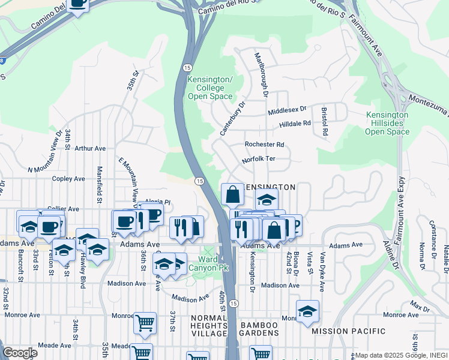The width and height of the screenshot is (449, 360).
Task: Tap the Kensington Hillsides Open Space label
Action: tap(387, 123)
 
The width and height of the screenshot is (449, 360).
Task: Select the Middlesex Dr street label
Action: tap(287, 110)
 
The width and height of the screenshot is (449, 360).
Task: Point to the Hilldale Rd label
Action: tap(295, 124)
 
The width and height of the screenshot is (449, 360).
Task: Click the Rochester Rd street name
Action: tap(264, 145)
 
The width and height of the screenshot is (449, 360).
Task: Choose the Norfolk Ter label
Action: tap(258, 160)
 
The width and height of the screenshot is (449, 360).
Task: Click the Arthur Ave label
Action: tap(90, 148)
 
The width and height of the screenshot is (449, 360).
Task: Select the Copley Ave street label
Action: tap(68, 179)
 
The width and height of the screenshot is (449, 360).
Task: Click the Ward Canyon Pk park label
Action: tap(206, 263)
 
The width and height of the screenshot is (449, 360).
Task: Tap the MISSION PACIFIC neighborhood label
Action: tap(349, 331)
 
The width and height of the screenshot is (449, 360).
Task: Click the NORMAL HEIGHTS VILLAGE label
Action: tap(209, 325)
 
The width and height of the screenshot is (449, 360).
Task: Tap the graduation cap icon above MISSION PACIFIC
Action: tap(307, 311)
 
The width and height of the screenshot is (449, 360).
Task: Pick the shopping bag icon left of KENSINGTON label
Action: tap(232, 194)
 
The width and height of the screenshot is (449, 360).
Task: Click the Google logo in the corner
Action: tap(20, 353)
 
